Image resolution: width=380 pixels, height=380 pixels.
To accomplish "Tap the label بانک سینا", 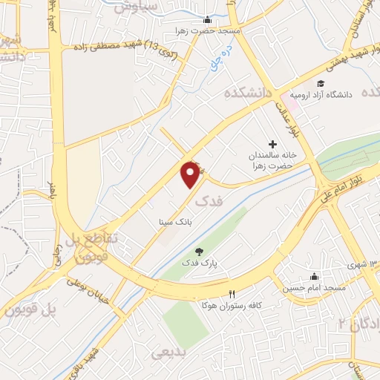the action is point(172,220).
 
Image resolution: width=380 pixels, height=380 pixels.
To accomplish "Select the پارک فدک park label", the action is point(197,263).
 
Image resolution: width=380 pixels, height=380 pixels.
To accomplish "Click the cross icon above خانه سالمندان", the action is point(272,143).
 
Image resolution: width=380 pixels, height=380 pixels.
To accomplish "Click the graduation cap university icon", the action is point(321,84).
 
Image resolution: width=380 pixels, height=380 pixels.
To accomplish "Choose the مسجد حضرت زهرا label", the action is point(207,31).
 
